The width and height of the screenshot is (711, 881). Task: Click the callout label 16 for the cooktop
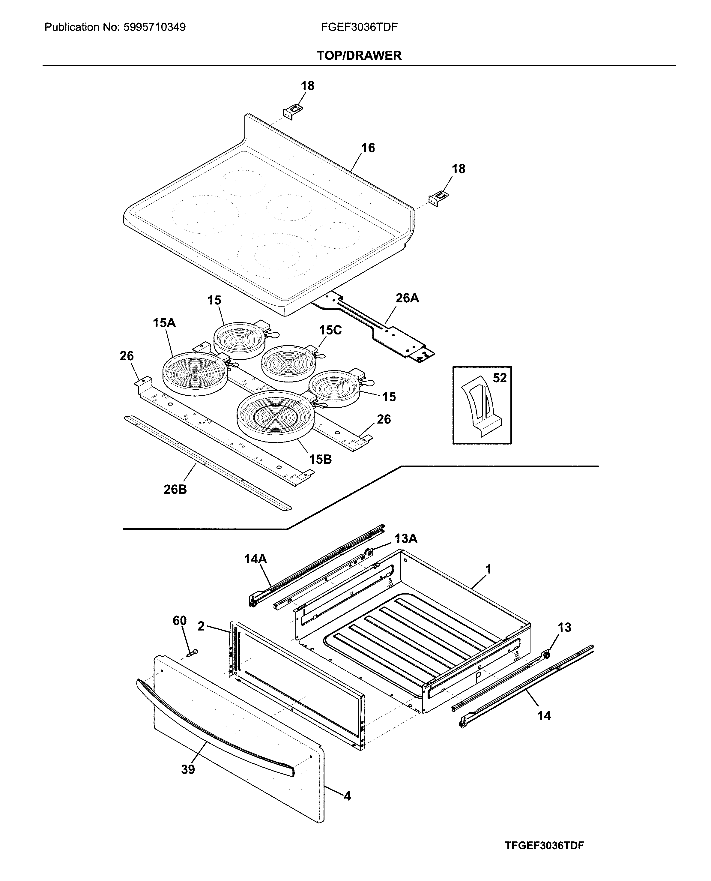point(368,148)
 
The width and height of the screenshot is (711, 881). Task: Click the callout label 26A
point(407,298)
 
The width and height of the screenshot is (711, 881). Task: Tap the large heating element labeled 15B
point(276,416)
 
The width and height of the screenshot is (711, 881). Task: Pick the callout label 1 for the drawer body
point(488,569)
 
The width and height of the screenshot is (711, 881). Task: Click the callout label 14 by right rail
point(544,715)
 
